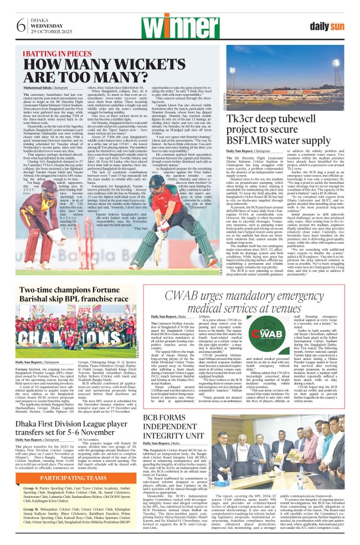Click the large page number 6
tap(20, 25)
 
